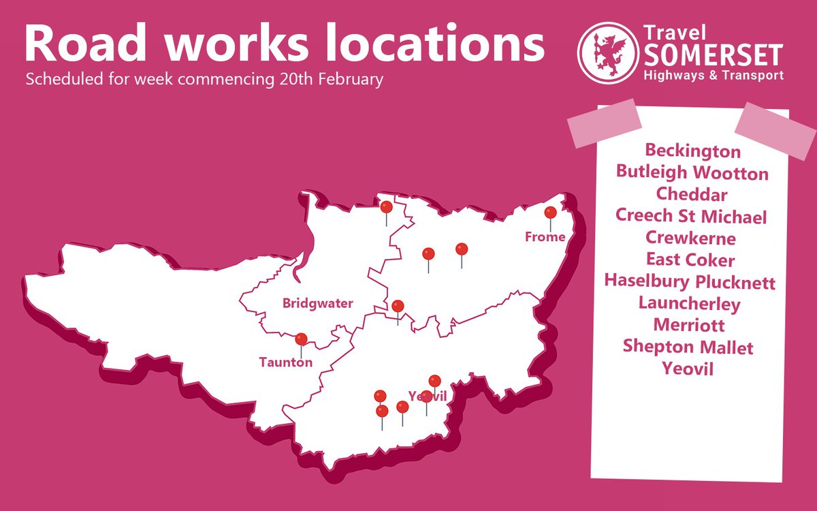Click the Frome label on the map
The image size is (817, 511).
coord(545,237)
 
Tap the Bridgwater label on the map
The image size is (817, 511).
coord(318,304)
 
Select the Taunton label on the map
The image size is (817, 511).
coord(286,362)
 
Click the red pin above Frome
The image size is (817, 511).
coord(550,213)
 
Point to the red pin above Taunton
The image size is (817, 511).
coord(301,339)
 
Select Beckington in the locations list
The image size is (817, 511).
coord(692,150)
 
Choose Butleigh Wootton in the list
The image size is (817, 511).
coord(692,172)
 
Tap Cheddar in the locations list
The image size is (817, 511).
coord(692,194)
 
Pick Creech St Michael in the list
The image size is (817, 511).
coord(692,217)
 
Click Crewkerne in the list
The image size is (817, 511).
coord(692,238)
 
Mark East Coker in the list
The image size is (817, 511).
coord(691,260)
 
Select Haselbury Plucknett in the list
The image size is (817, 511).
coord(690,281)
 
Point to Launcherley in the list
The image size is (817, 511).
coord(690,303)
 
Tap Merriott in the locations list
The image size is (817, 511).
coord(689,325)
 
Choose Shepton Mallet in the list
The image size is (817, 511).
coord(688,347)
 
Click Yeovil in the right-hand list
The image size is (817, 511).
coord(688,369)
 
